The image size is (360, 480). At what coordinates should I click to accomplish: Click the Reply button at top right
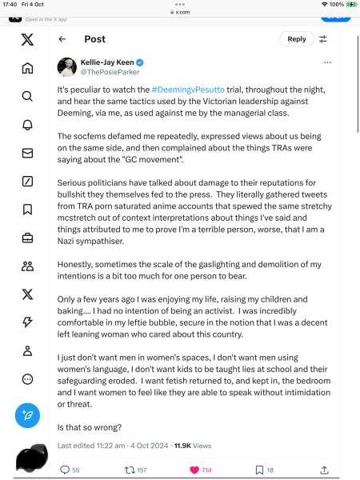pos(296,38)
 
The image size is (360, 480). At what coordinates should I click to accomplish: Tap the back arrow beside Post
pos(62,38)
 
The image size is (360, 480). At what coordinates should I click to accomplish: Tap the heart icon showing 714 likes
pos(194,470)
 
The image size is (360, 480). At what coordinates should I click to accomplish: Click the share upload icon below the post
pos(323,470)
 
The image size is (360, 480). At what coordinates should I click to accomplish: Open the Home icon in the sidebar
pos(27,68)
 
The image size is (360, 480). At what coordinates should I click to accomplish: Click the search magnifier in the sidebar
pos(27,96)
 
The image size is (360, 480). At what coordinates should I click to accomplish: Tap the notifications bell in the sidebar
pos(27,125)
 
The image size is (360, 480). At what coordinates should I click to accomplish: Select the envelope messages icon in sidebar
pos(27,153)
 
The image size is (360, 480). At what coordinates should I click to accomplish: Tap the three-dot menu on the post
pos(326,62)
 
